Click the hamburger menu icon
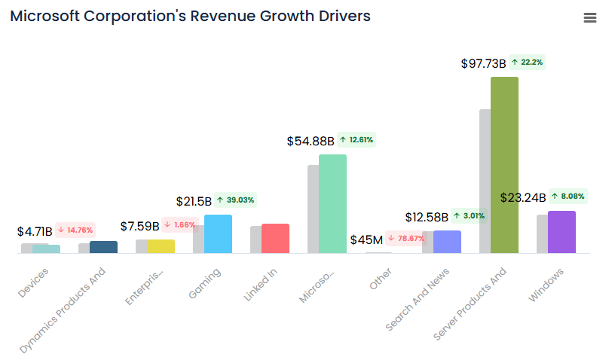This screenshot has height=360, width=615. (590, 18)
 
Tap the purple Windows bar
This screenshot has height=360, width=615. (561, 232)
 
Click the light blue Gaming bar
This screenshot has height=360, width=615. (218, 233)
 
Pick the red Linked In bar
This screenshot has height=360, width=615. (275, 238)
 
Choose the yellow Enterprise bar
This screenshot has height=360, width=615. (161, 246)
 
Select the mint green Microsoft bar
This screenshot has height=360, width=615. (332, 203)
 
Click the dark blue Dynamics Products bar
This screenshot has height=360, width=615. (103, 247)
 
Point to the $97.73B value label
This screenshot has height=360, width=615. (483, 64)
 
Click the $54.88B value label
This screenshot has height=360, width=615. (310, 141)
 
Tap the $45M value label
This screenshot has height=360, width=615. (366, 239)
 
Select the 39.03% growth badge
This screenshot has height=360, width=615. (235, 200)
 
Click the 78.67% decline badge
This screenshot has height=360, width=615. (406, 239)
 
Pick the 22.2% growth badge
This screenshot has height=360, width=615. (527, 63)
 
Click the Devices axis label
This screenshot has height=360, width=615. (34, 282)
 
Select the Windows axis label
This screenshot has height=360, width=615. (546, 285)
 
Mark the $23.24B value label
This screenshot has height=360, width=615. (522, 198)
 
